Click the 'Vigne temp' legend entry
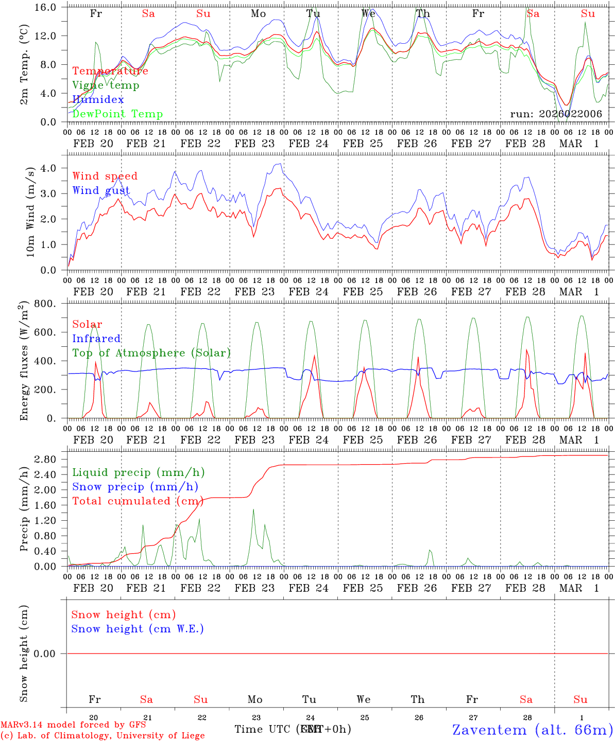click(106, 85)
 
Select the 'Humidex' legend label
click(98, 100)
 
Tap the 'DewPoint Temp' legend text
click(117, 114)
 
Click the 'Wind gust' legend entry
click(101, 190)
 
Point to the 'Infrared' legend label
click(96, 339)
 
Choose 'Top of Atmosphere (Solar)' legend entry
click(151, 353)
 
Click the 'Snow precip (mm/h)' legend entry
click(135, 487)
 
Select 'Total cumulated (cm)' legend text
click(138, 501)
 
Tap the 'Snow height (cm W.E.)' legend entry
click(138, 629)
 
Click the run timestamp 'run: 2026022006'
click(556, 114)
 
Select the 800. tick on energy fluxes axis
click(46, 304)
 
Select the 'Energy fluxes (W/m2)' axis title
click(24, 362)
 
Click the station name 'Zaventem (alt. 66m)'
click(533, 730)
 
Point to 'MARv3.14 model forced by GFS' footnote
click(73, 725)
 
